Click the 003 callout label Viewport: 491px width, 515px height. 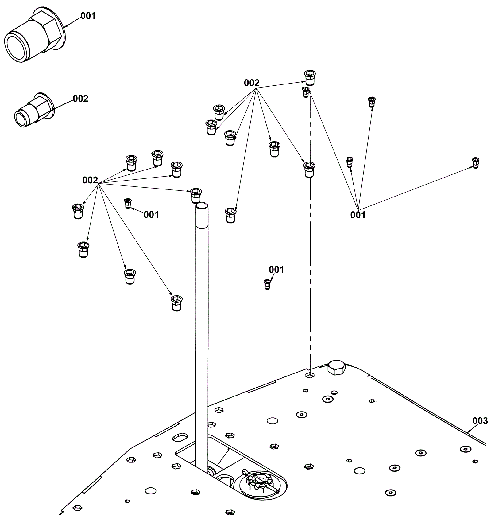480,420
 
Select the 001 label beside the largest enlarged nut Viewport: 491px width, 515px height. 88,16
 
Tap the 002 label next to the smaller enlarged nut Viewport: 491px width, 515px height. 80,99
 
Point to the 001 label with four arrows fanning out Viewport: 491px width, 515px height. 358,215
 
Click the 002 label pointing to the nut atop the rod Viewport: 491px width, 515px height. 90,180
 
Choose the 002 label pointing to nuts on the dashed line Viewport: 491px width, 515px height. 252,83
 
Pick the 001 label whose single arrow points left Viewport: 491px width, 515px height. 151,214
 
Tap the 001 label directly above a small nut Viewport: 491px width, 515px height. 276,270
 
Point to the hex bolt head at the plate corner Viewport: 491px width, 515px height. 336,368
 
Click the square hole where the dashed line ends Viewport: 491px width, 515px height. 310,375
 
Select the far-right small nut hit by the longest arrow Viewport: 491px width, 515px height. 475,162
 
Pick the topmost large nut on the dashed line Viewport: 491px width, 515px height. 310,77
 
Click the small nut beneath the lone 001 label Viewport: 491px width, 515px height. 267,284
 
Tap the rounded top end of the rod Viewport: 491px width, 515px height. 202,205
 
